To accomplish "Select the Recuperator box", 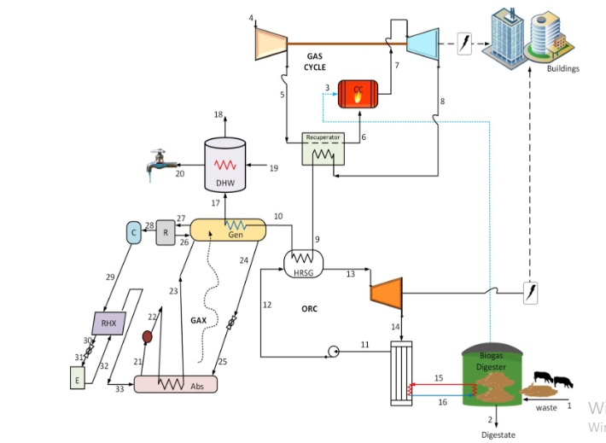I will coord(323,149).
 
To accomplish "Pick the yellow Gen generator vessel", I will coord(228,229).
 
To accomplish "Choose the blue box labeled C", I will coord(133,232).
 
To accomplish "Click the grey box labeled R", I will coord(165,231).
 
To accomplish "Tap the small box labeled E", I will coord(78,377).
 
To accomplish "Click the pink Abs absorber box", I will coord(175,384).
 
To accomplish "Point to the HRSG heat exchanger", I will coord(303,259).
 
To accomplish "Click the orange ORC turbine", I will coord(385,293).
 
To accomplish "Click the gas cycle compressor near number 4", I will coord(271,39).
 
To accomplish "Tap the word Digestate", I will coord(498,434).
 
